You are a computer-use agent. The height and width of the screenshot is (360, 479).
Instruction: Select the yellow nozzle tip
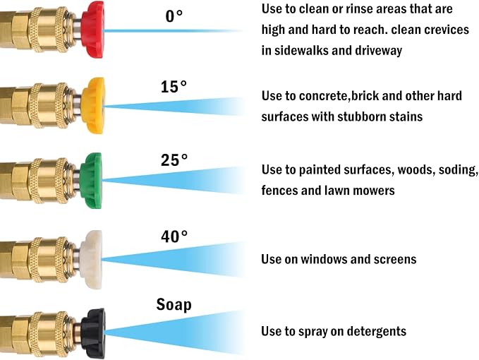coord(94,106)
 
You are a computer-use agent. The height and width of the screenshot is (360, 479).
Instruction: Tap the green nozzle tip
coord(91,181)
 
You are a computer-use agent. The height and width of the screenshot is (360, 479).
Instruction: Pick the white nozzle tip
coord(91,260)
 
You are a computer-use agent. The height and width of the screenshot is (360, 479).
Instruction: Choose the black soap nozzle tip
coord(94,333)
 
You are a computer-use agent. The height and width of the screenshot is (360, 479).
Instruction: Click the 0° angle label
coord(174,16)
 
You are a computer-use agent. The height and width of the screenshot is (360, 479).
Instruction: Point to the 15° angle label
coord(174,87)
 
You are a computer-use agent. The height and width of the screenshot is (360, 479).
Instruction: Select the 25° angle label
coord(174,160)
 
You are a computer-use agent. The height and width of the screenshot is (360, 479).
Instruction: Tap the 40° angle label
coord(174,236)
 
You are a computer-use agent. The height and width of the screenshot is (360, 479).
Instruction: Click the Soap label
coord(174,304)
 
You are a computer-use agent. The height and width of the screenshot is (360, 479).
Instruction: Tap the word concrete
coord(324,96)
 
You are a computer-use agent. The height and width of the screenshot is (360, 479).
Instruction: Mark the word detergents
coord(377,332)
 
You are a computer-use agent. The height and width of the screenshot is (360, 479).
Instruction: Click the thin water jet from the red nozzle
coord(172,31)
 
